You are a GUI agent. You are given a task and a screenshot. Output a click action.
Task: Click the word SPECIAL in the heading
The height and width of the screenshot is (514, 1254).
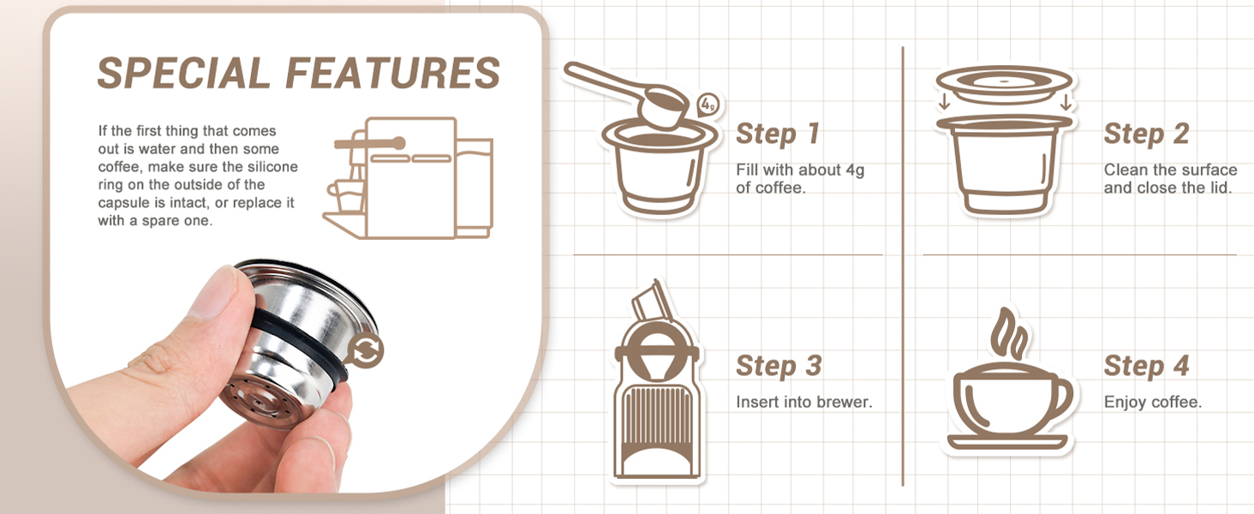(x=183, y=73)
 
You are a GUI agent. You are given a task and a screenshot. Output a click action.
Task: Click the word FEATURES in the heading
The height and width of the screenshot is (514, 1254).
(x=393, y=73)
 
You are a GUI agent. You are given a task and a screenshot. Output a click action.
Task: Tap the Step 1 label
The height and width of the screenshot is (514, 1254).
(x=778, y=134)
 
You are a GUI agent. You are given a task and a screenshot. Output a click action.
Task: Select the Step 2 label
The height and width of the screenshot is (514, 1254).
(x=1147, y=134)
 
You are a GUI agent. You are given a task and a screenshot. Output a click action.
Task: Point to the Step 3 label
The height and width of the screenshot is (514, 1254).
(x=779, y=366)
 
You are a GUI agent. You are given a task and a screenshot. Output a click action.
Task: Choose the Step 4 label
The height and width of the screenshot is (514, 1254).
(x=1147, y=366)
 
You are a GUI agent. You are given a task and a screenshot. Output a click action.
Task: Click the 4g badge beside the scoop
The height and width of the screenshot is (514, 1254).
(x=708, y=105)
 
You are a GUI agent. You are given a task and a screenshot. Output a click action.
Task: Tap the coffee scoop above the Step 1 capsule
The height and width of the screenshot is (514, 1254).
(x=627, y=95)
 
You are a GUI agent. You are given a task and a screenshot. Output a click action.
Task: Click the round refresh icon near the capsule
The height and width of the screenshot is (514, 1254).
(x=364, y=350)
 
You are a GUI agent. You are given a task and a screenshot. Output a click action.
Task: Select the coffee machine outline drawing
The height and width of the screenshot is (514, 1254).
(x=409, y=178)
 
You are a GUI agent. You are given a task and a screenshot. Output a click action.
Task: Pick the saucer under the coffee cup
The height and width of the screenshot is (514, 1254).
(x=1006, y=442)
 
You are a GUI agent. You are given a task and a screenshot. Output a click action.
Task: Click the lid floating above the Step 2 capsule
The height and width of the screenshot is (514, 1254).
(x=1005, y=84)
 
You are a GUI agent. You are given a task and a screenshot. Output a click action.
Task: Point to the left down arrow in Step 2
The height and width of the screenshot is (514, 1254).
(x=945, y=101)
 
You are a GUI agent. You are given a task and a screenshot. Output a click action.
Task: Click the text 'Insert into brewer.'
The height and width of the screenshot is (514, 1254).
(x=804, y=402)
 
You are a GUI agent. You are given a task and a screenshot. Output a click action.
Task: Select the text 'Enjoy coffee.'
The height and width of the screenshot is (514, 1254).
(x=1153, y=402)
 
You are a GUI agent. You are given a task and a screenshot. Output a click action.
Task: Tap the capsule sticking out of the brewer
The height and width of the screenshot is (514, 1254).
(x=653, y=301)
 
